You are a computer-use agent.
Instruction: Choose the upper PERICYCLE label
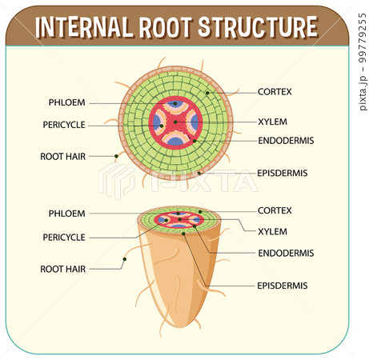pos(63,125)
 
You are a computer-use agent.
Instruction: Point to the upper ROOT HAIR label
pos(62,157)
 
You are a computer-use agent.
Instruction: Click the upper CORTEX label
pos(275,92)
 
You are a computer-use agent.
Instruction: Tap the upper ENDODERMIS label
pos(285,140)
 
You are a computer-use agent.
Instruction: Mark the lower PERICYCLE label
pos(63,238)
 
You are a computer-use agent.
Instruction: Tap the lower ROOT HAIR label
pos(62,270)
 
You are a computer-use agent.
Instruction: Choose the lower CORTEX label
pos(275,210)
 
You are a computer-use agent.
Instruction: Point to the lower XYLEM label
pos(271,231)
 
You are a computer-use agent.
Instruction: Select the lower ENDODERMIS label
pos(285,253)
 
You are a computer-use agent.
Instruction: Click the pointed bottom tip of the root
pos(178,325)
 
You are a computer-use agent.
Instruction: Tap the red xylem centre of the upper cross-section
pos(175,122)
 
